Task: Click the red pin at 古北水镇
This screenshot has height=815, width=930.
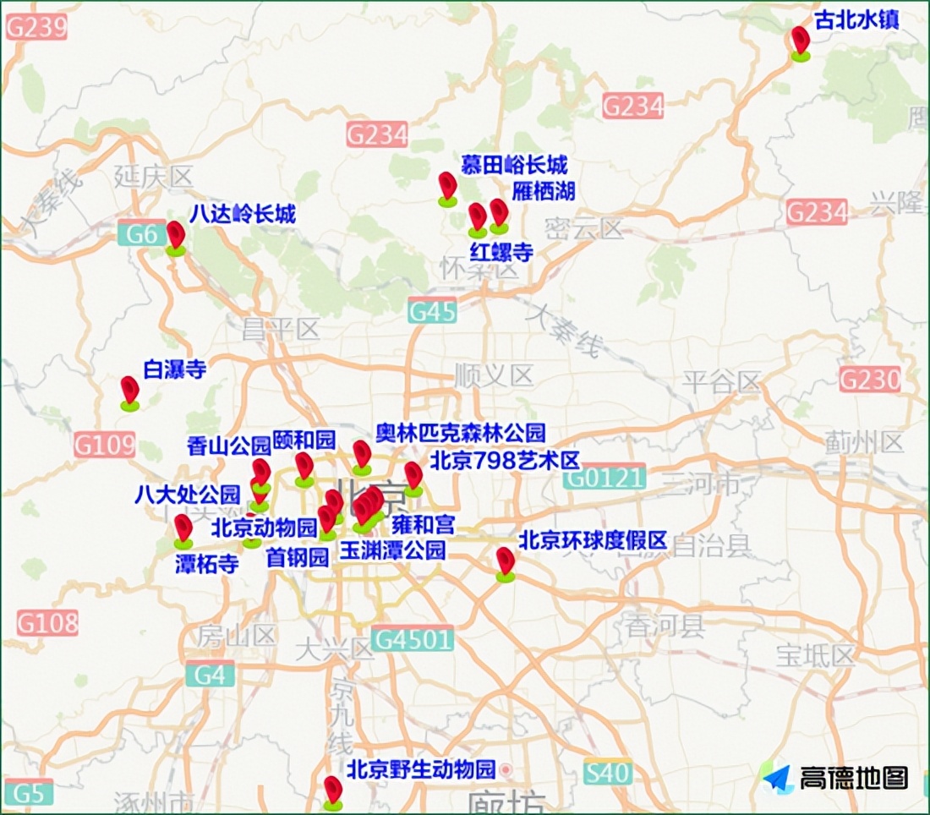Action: [x=800, y=41]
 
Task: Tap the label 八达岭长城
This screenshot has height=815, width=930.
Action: [x=243, y=214]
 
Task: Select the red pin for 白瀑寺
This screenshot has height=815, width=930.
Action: [x=129, y=391]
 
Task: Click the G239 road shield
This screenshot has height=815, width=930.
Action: [x=36, y=27]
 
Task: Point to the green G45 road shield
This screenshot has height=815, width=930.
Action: [x=432, y=311]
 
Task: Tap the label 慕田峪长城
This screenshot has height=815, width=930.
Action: [x=514, y=164]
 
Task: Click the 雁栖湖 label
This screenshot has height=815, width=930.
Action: [x=544, y=191]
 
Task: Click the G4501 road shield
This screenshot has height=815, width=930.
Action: [x=412, y=638]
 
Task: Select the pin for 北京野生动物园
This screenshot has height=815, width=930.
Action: [x=333, y=790]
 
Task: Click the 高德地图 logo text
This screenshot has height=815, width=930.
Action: [x=853, y=778]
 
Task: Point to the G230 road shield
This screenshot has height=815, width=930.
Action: [x=870, y=380]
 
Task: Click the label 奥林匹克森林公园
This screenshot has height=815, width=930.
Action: [x=461, y=433]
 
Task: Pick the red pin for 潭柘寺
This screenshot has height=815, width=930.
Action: [x=183, y=529]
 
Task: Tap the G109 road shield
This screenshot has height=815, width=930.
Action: [x=105, y=444]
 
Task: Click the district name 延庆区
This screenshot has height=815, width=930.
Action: [x=154, y=178]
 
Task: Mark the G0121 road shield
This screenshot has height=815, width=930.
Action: [x=604, y=479]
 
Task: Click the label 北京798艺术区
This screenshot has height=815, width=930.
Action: [x=505, y=461]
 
